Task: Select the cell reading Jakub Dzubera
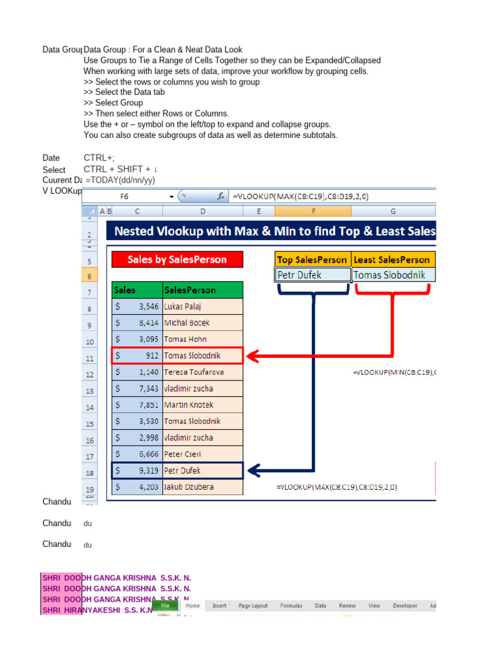203,486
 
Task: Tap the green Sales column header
137,290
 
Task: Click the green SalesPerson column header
203,290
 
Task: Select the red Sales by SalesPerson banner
177,260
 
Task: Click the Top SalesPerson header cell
313,260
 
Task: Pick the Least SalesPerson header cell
392,260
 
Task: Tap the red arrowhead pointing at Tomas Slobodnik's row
253,356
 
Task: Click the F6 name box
125,196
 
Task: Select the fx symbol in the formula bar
221,196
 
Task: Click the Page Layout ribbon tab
253,606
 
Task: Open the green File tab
166,606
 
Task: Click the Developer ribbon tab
405,606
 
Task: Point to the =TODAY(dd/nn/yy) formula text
120,180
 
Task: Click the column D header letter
203,211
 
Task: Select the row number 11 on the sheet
90,358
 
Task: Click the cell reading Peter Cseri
203,454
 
